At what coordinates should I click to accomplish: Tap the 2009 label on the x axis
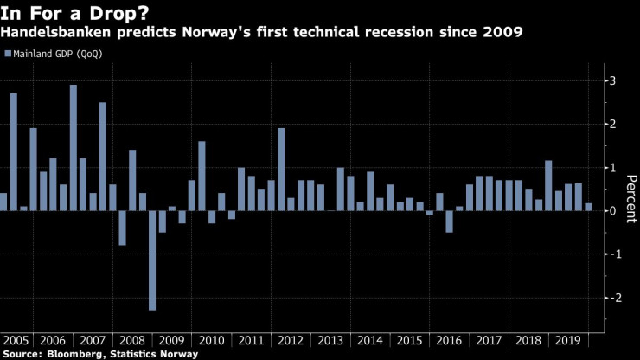[172, 340]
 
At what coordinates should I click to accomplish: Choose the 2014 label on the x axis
[371, 340]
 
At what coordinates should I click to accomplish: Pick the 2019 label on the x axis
[569, 340]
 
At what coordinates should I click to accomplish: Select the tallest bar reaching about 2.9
[73, 147]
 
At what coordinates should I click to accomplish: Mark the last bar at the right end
[589, 207]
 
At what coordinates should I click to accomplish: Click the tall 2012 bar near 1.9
[281, 169]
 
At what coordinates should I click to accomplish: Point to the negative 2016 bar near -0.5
[450, 221]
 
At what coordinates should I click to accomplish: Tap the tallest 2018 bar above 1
[548, 185]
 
